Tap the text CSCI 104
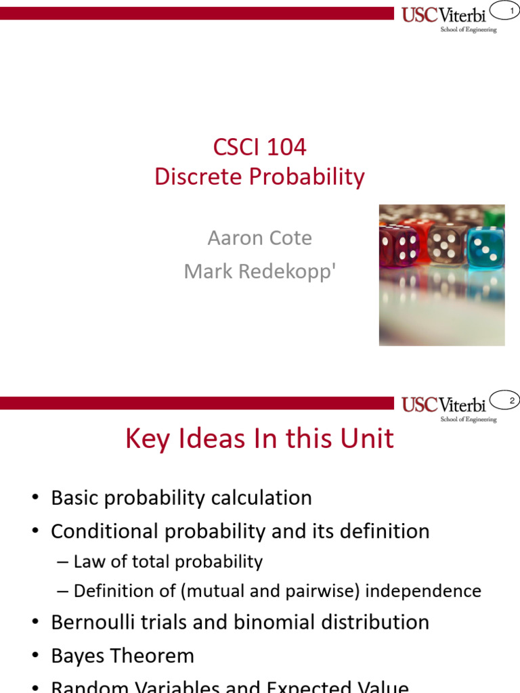tap(259, 146)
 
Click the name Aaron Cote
tap(259, 238)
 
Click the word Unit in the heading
tap(368, 439)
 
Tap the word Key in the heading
tap(148, 439)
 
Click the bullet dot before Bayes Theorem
tap(35, 656)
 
